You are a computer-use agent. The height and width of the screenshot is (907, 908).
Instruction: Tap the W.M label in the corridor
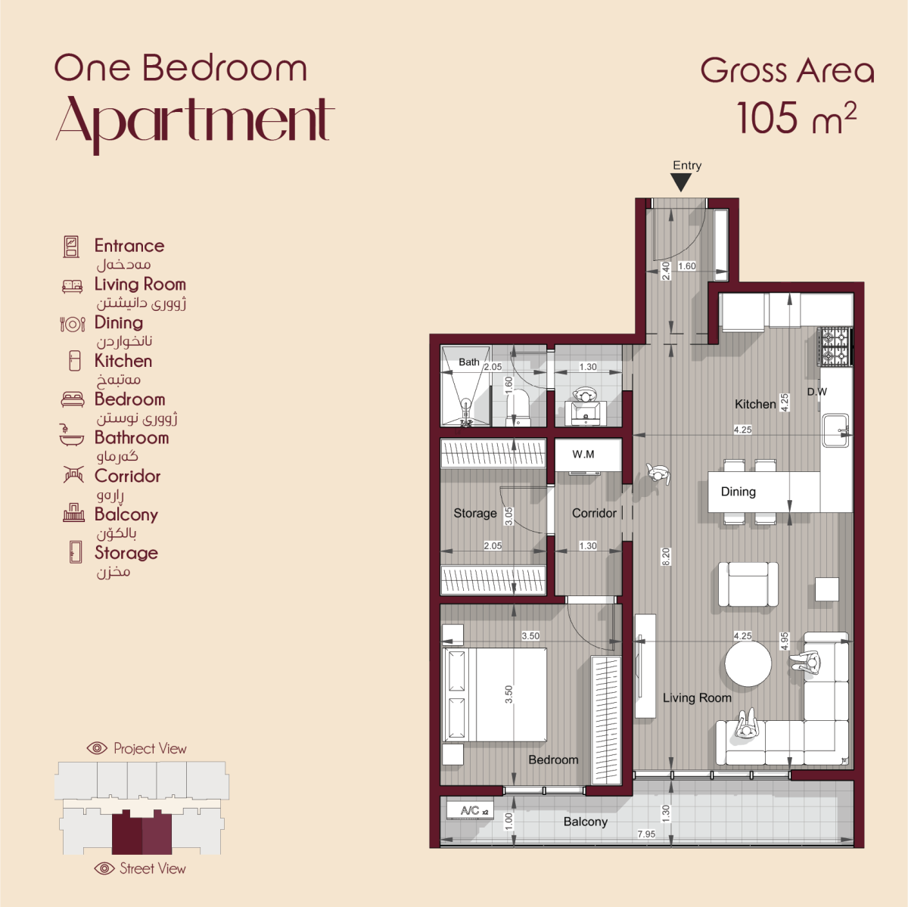[583, 454]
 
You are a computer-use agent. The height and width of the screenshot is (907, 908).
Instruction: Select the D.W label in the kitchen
[817, 392]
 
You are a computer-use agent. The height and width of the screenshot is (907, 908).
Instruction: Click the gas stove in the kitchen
[835, 347]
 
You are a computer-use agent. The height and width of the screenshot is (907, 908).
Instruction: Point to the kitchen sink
[835, 430]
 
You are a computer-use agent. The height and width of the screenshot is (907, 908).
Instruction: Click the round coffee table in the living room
[748, 663]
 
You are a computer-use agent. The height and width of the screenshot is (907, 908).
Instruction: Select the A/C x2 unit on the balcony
[470, 810]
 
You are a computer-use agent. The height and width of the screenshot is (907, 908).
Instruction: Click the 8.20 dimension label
[666, 557]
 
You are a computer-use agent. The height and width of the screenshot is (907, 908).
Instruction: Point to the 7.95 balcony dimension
[646, 834]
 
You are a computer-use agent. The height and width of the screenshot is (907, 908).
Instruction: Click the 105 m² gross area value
[796, 117]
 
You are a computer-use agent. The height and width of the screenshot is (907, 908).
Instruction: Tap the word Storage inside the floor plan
[475, 513]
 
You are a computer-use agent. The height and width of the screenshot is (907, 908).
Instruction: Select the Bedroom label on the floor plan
[553, 759]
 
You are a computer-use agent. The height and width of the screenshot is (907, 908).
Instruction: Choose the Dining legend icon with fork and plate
[73, 325]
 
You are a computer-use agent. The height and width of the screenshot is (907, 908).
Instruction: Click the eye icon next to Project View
[97, 747]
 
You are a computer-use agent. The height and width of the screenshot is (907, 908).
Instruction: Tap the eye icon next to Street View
[104, 868]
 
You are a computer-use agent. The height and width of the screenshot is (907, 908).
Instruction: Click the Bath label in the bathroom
[469, 362]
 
